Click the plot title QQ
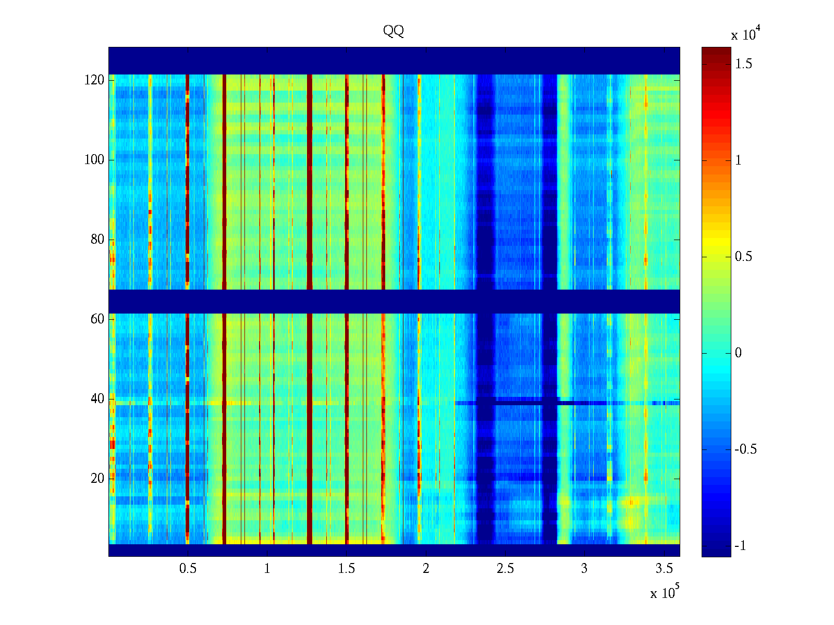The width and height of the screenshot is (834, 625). point(394,31)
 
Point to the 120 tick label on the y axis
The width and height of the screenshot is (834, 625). point(94,80)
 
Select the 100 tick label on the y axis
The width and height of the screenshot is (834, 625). point(94,160)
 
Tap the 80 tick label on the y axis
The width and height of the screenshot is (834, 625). point(97,240)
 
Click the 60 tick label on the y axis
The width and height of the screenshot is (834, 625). point(97,319)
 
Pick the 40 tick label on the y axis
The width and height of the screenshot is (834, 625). point(97,399)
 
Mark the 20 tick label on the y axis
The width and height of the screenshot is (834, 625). point(97,479)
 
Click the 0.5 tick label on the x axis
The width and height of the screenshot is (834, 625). point(188,569)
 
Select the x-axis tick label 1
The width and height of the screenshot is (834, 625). point(267,569)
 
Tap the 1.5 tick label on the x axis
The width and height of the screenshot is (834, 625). point(346,569)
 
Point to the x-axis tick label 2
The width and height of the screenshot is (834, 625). point(426,569)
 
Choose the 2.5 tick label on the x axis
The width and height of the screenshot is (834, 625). point(505,569)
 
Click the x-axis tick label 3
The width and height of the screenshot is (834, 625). point(584,569)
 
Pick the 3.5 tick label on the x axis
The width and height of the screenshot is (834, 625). point(664,569)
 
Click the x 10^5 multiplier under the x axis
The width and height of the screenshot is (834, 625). point(665,592)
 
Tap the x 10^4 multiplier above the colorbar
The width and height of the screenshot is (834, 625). point(743,34)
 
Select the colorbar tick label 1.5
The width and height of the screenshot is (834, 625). point(744,64)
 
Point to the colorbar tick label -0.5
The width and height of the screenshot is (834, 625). point(745,449)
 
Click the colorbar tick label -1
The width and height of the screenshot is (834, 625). point(740,546)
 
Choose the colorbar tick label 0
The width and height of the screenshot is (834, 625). point(738,353)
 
